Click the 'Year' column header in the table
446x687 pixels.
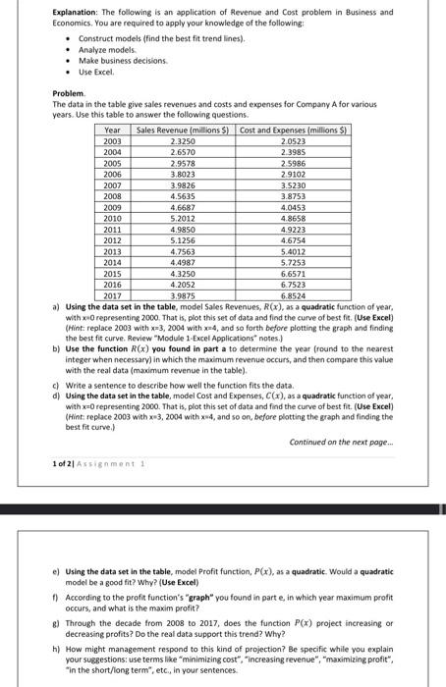113,131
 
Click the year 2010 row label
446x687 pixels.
113,216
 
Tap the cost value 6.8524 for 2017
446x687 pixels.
284,295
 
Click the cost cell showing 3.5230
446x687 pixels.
284,184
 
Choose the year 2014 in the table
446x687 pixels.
113,263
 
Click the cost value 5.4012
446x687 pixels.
284,252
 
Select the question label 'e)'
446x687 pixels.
56,570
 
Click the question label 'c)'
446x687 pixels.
56,357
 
